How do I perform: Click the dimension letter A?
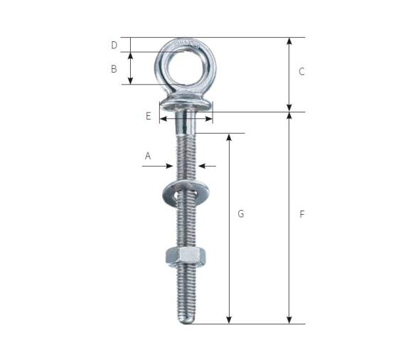pyautogui.click(x=148, y=156)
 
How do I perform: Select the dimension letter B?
pyautogui.click(x=114, y=69)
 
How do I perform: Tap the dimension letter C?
pyautogui.click(x=301, y=72)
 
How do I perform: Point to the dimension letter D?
pyautogui.click(x=114, y=46)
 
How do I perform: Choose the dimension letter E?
pyautogui.click(x=149, y=116)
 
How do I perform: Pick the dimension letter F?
pyautogui.click(x=301, y=214)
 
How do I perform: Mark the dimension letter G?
pyautogui.click(x=241, y=213)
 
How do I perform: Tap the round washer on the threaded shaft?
pyautogui.click(x=186, y=193)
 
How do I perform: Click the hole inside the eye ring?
pyautogui.click(x=186, y=68)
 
